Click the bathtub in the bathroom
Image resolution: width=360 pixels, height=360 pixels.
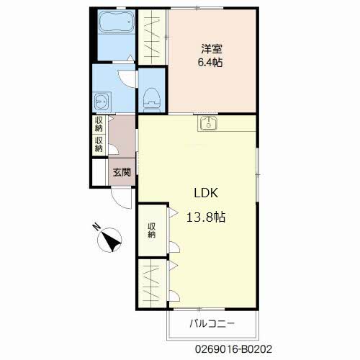pyautogui.click(x=117, y=22)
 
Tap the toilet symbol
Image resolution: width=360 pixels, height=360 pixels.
pyautogui.click(x=152, y=100)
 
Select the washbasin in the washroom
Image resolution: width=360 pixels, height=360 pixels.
pyautogui.click(x=102, y=102)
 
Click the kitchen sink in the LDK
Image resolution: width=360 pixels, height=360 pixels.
pyautogui.click(x=208, y=123)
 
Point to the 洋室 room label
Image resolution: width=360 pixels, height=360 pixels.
pyautogui.click(x=212, y=49)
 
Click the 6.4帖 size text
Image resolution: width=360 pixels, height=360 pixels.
pyautogui.click(x=210, y=63)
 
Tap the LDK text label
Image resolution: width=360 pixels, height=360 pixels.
pyautogui.click(x=206, y=193)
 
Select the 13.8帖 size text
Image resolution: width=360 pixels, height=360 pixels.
pyautogui.click(x=206, y=217)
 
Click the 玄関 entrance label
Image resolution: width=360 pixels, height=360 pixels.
pyautogui.click(x=122, y=172)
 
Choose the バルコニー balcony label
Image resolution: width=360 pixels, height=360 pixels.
pyautogui.click(x=212, y=324)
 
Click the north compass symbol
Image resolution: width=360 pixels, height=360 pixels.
pyautogui.click(x=110, y=240)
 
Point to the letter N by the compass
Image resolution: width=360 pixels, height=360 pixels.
pyautogui.click(x=96, y=227)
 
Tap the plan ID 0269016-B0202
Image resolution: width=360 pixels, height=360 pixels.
pyautogui.click(x=233, y=349)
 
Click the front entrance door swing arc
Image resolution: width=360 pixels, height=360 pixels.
pyautogui.click(x=119, y=202)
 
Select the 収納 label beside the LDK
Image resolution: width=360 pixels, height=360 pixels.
pyautogui.click(x=151, y=230)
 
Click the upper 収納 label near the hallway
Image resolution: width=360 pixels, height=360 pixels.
pyautogui.click(x=99, y=124)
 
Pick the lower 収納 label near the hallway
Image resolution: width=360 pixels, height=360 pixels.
pyautogui.click(x=99, y=144)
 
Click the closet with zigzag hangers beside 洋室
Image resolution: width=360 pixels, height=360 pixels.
pyautogui.click(x=152, y=37)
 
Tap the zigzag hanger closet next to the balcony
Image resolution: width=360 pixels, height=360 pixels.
pyautogui.click(x=152, y=283)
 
